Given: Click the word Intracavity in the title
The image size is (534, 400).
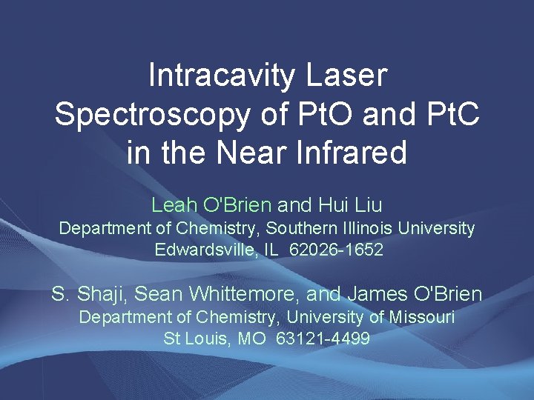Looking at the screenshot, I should coord(224,76).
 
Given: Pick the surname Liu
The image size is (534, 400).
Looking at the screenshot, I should coord(367,204).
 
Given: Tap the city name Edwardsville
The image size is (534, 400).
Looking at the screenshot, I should coord(205,250).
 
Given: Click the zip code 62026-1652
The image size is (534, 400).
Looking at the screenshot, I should coord(337,250).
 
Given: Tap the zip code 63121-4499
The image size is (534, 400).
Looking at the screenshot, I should coord(323,339).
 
